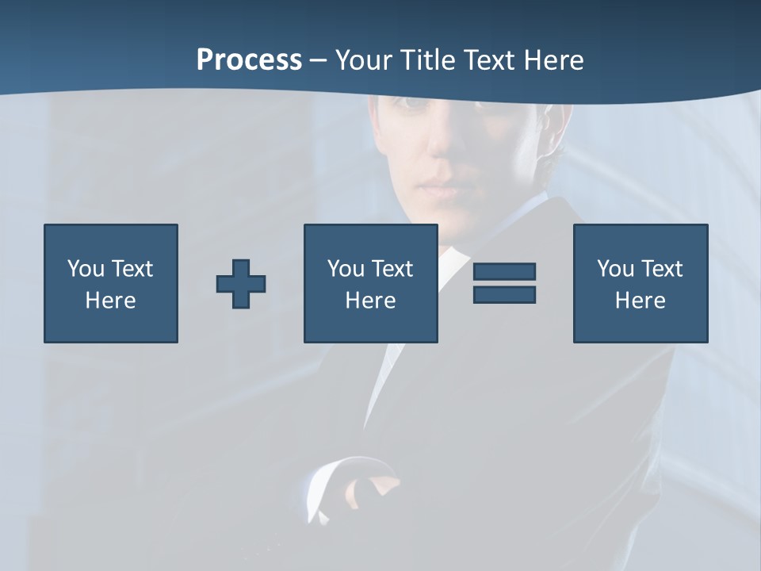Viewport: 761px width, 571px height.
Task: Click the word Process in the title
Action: pyautogui.click(x=249, y=60)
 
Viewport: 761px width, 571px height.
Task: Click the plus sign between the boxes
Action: pyautogui.click(x=241, y=284)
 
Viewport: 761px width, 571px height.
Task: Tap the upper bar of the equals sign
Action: pyautogui.click(x=504, y=271)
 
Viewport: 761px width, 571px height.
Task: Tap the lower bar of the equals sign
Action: pyautogui.click(x=504, y=294)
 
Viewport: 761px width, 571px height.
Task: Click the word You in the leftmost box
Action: pyautogui.click(x=86, y=269)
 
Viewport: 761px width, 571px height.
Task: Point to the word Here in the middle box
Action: pyautogui.click(x=370, y=301)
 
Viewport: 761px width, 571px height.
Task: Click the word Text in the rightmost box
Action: pyautogui.click(x=662, y=269)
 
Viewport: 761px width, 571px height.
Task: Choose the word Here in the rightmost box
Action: pyautogui.click(x=641, y=301)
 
